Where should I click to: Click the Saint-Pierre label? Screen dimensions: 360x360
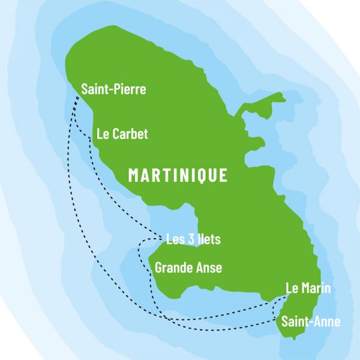(113, 89)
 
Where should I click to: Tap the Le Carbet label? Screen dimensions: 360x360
(122, 134)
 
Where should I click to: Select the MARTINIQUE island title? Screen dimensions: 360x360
(178, 175)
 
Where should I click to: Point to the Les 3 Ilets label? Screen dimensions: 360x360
(193, 239)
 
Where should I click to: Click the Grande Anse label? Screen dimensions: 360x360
(188, 268)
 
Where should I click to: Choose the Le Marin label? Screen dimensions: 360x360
(308, 289)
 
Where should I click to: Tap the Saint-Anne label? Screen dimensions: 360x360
(311, 322)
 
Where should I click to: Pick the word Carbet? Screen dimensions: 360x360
(132, 134)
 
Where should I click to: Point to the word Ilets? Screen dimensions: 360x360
(208, 239)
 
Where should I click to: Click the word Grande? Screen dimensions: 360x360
(173, 268)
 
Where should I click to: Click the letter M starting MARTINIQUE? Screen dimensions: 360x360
(135, 175)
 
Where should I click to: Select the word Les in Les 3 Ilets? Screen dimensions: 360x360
(175, 239)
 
